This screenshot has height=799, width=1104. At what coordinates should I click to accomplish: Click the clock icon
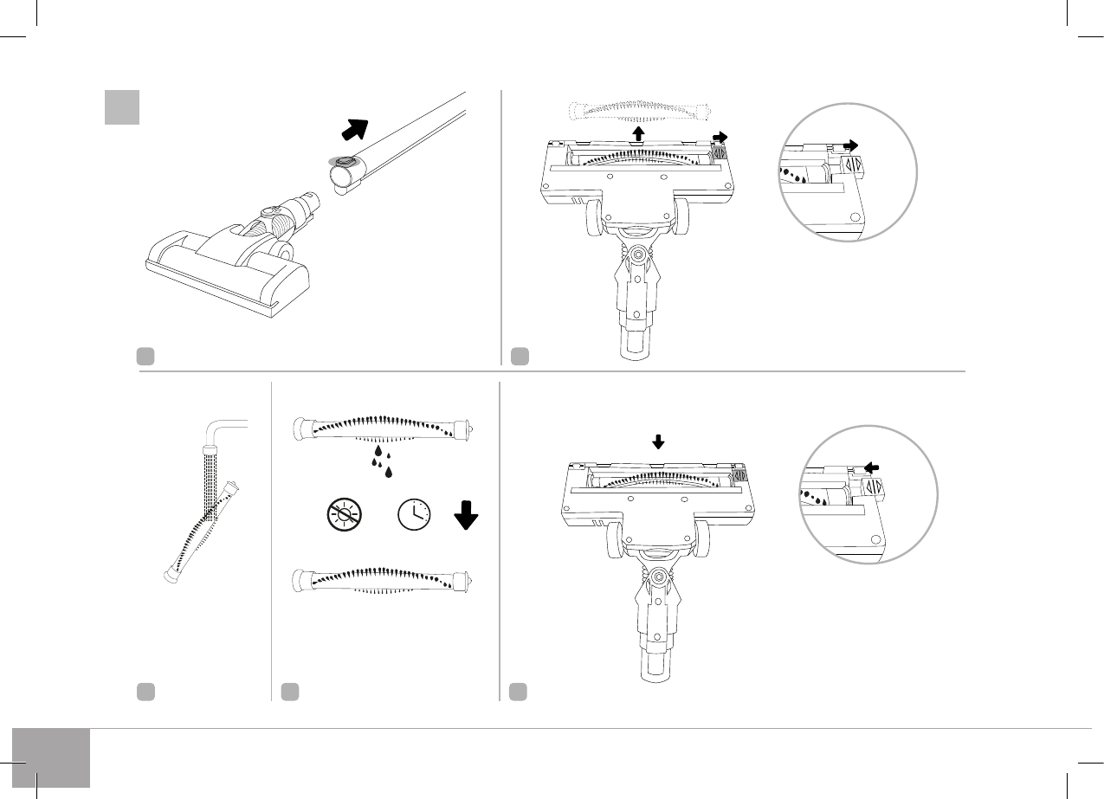coord(414,515)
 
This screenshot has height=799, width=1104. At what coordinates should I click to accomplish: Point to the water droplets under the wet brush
coord(380,460)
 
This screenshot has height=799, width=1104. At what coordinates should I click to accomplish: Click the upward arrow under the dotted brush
coord(638,132)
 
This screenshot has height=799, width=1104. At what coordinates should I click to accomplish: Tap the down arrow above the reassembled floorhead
coord(659,441)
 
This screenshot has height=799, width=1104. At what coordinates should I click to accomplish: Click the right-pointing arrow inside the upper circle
coord(852,147)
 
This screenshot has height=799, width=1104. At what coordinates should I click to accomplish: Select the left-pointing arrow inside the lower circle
coord(872,466)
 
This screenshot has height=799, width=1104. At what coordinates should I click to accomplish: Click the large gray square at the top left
coord(122,107)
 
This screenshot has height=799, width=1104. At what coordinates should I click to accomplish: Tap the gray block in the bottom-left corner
coord(51,758)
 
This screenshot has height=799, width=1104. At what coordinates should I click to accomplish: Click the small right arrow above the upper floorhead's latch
coord(720,137)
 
